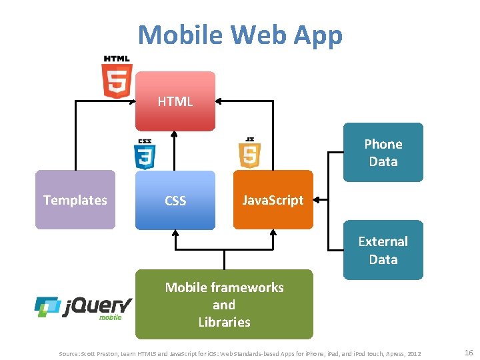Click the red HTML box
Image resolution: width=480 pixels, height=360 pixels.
tap(175, 101)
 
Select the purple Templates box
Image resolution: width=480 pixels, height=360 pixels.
tap(75, 200)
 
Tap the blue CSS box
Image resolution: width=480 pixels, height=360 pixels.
tap(175, 200)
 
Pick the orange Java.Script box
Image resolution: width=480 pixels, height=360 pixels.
tap(273, 200)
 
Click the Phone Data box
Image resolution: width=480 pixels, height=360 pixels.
tap(383, 153)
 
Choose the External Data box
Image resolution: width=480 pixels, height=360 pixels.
tap(383, 250)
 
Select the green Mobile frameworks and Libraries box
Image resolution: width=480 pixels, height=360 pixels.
tap(224, 305)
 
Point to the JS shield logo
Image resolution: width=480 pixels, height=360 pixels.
tap(249, 153)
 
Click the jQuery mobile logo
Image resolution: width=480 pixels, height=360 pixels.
tap(83, 308)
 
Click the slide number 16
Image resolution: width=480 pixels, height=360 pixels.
tap(468, 352)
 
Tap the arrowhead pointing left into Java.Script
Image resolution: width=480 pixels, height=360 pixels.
tap(318, 199)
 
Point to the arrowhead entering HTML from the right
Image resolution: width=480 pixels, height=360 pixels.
tap(219, 101)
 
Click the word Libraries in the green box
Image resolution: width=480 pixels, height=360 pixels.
tap(224, 322)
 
